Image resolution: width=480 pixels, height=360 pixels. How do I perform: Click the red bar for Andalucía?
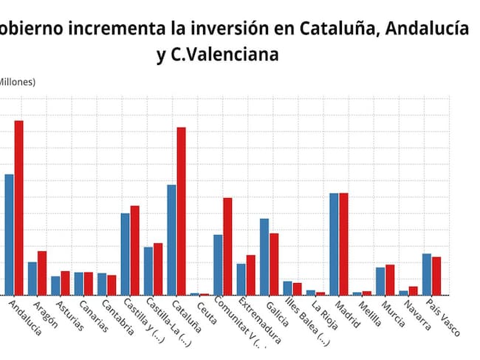pyautogui.click(x=19, y=208)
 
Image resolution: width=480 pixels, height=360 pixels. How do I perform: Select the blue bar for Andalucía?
pyautogui.click(x=9, y=234)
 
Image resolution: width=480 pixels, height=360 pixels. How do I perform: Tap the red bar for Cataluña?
pyautogui.click(x=181, y=211)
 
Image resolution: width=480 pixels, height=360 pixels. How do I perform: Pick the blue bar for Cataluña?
pyautogui.click(x=171, y=240)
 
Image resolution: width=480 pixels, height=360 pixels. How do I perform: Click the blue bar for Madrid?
pyautogui.click(x=334, y=244)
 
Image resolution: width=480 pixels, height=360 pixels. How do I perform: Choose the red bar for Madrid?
pyautogui.click(x=343, y=244)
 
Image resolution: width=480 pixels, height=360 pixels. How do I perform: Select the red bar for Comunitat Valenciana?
pyautogui.click(x=227, y=246)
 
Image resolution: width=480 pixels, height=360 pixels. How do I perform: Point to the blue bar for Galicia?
pyautogui.click(x=264, y=257)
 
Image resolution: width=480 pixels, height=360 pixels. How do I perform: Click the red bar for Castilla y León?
pyautogui.click(x=134, y=251)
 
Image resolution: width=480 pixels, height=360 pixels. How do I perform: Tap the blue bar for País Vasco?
pyautogui.click(x=426, y=274)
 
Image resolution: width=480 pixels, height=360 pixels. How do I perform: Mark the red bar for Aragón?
pyautogui.click(x=42, y=273)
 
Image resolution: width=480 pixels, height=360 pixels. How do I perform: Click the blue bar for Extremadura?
pyautogui.click(x=241, y=279)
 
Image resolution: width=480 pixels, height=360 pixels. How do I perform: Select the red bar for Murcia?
pyautogui.click(x=390, y=280)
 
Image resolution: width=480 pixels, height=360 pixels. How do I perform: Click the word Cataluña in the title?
pyautogui.click(x=336, y=29)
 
